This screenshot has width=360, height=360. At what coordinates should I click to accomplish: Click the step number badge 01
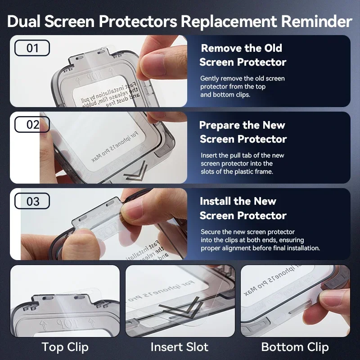coord(32,48)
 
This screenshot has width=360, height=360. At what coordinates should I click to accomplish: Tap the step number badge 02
coord(32,125)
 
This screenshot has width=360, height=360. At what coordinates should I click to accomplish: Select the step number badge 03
coord(32,201)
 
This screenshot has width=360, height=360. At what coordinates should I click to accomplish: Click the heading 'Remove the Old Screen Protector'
coord(243,55)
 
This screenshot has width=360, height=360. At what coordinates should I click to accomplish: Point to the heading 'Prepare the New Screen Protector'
coord(243,132)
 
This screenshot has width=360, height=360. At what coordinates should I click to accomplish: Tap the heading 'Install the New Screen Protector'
coord(243,208)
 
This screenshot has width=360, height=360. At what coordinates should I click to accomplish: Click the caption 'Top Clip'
coord(65,347)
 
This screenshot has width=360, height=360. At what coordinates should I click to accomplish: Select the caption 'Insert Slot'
coord(180,347)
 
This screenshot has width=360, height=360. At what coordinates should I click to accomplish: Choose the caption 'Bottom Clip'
coord(295,347)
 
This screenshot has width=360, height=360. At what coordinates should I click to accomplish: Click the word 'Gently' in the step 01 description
coord(210,78)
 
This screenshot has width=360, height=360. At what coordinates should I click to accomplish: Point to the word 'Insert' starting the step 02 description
coord(210,155)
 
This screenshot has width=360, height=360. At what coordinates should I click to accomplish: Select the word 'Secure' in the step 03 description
coord(211,232)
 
